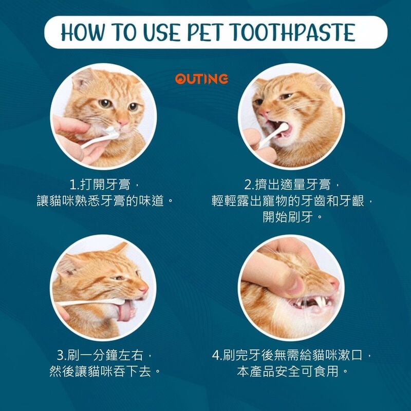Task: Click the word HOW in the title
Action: pyautogui.click(x=83, y=32)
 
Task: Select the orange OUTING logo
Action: pyautogui.click(x=201, y=79)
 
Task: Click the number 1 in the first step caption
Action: pyautogui.click(x=72, y=185)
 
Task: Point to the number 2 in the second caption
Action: pyautogui.click(x=248, y=185)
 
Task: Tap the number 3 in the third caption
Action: pyautogui.click(x=60, y=356)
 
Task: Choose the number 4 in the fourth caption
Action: pyautogui.click(x=216, y=356)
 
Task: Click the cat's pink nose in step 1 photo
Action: pyautogui.click(x=123, y=122)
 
